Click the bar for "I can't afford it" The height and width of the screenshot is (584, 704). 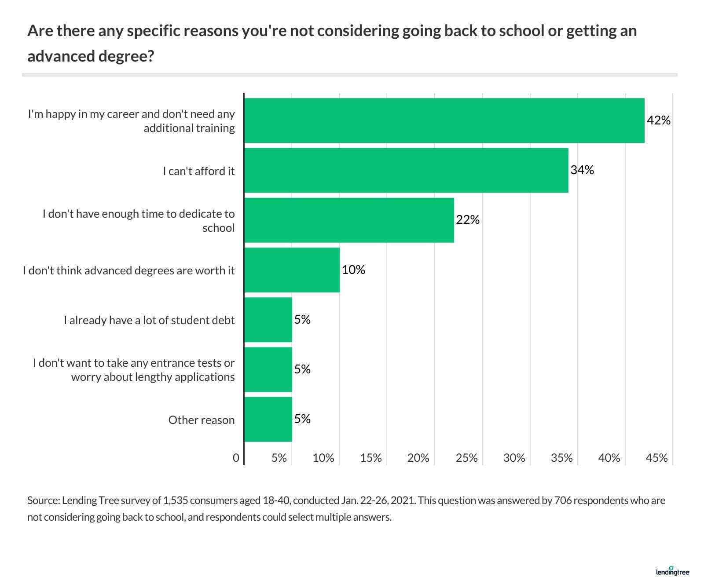tap(406, 170)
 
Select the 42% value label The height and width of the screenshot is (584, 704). tap(658, 120)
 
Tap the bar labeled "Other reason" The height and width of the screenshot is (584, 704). tap(268, 419)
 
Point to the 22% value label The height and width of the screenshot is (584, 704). tap(467, 219)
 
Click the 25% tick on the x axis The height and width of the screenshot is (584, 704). tap(466, 458)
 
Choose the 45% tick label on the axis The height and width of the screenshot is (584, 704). tap(656, 458)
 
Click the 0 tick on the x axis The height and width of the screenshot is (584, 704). tap(236, 458)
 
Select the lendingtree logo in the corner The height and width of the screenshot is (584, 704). tap(672, 571)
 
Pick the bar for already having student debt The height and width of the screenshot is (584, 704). tap(268, 320)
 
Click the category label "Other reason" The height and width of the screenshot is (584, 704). tap(202, 420)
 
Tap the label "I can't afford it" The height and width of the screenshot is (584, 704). tap(199, 171)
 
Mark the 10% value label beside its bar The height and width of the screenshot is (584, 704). tap(353, 270)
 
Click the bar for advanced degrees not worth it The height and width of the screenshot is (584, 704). tap(292, 270)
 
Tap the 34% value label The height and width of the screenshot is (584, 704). tap(582, 170)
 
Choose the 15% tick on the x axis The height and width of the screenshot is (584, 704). tap(370, 458)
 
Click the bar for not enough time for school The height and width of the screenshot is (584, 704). tap(349, 220)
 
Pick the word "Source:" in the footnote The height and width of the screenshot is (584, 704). tap(43, 500)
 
